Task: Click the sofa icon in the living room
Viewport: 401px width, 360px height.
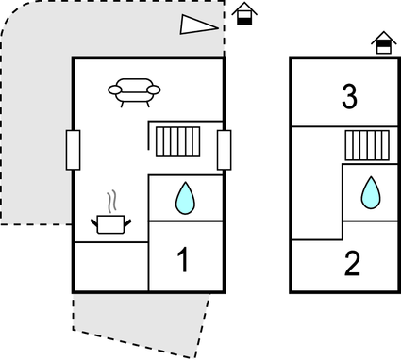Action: pyautogui.click(x=134, y=90)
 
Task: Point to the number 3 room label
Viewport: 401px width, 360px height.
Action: pyautogui.click(x=349, y=97)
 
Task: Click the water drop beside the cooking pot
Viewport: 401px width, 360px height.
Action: pyautogui.click(x=185, y=198)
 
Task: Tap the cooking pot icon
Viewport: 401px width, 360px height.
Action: pyautogui.click(x=112, y=223)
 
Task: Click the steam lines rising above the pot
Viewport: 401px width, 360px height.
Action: pyautogui.click(x=112, y=201)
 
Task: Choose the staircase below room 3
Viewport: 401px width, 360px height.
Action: pyautogui.click(x=367, y=146)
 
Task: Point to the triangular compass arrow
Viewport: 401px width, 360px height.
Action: pyautogui.click(x=199, y=25)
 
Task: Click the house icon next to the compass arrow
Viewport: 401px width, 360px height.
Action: pyautogui.click(x=243, y=13)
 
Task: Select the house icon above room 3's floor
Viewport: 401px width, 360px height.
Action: pyautogui.click(x=382, y=42)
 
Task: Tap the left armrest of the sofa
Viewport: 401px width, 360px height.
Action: pyautogui.click(x=114, y=90)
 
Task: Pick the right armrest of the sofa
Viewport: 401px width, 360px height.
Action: pyautogui.click(x=154, y=90)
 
